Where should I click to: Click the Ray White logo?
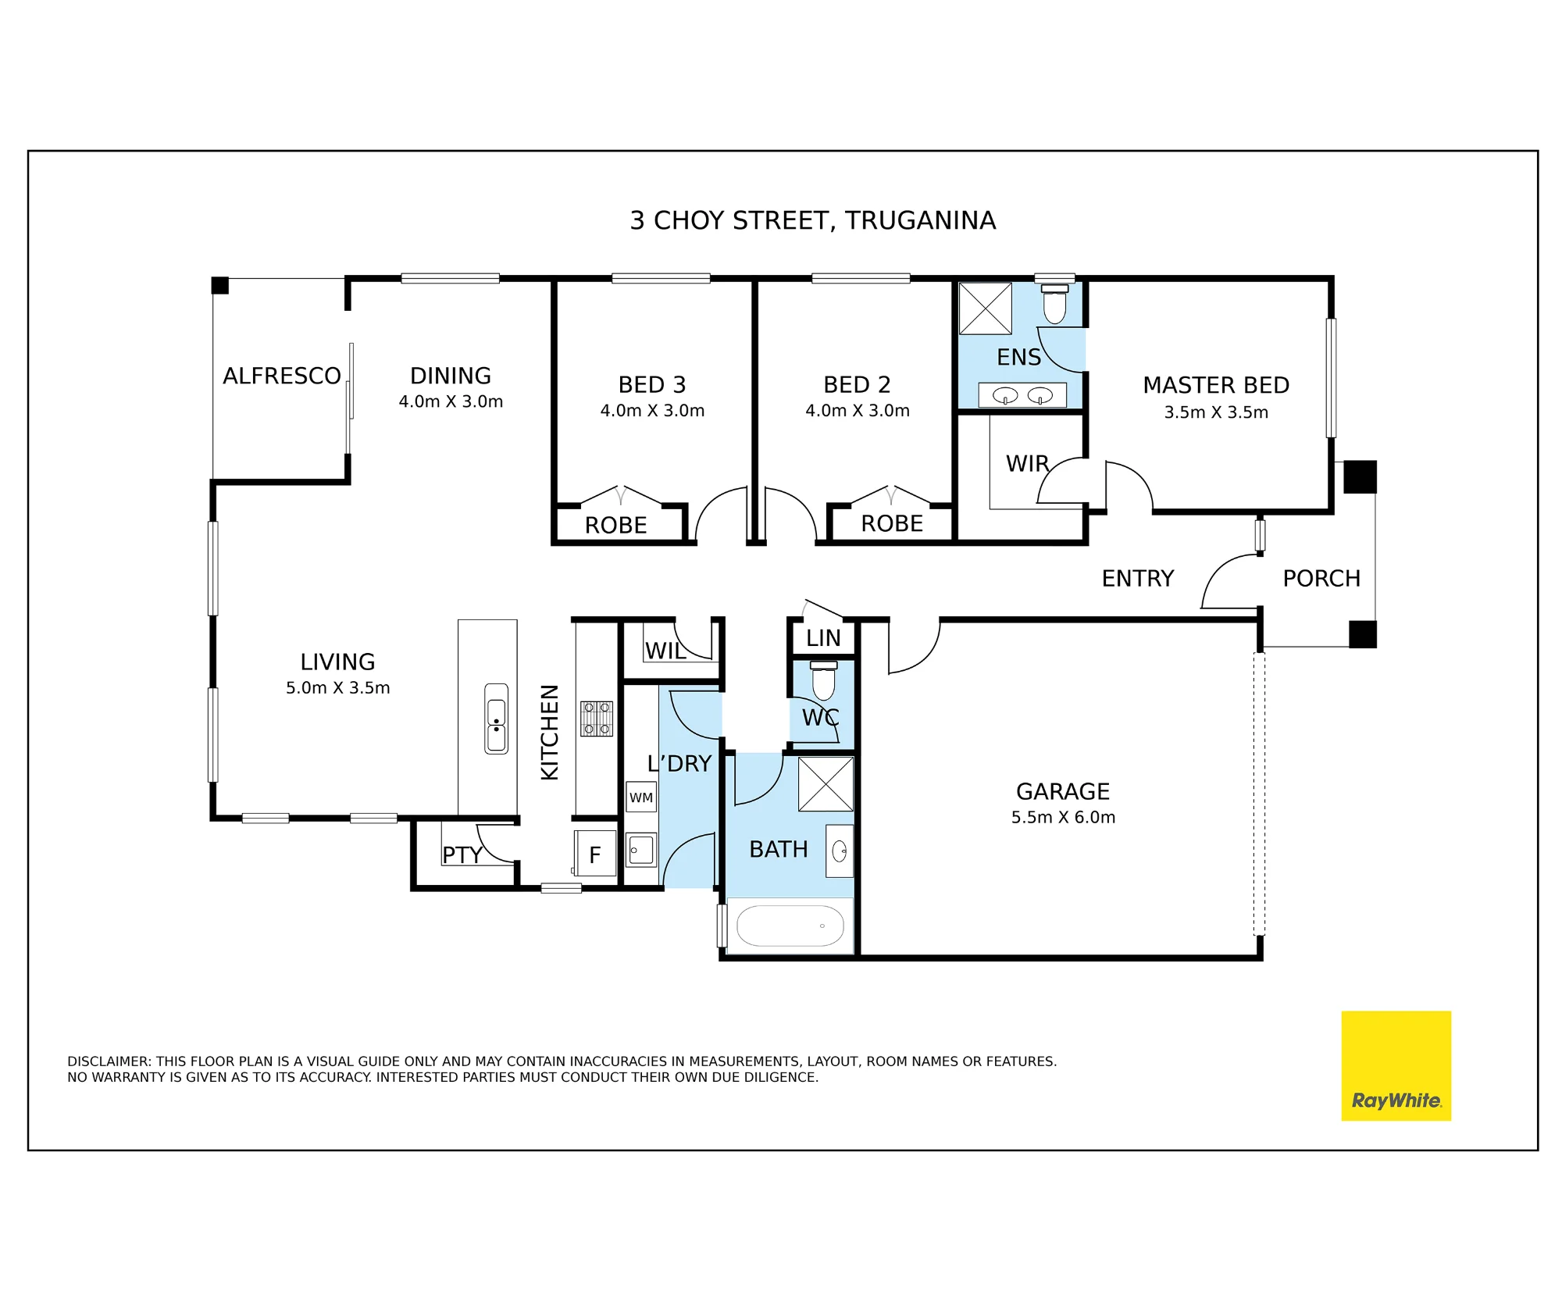1396,1066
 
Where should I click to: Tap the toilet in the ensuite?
1054,304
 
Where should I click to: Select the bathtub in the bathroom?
790,926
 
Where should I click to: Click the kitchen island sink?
496,719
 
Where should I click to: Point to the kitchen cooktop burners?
596,719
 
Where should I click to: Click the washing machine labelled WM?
641,797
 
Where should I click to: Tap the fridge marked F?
595,854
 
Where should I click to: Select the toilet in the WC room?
824,680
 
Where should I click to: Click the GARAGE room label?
1063,791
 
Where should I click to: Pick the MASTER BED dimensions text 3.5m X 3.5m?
1216,412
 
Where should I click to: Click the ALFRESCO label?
282,376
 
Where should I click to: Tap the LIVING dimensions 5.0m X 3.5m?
337,688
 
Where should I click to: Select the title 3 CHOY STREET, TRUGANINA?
813,221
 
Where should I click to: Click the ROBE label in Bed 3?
615,526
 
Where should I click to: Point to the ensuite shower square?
985,309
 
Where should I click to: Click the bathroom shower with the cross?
826,784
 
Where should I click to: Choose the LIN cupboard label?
823,638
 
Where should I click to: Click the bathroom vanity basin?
840,851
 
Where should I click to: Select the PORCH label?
1321,579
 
